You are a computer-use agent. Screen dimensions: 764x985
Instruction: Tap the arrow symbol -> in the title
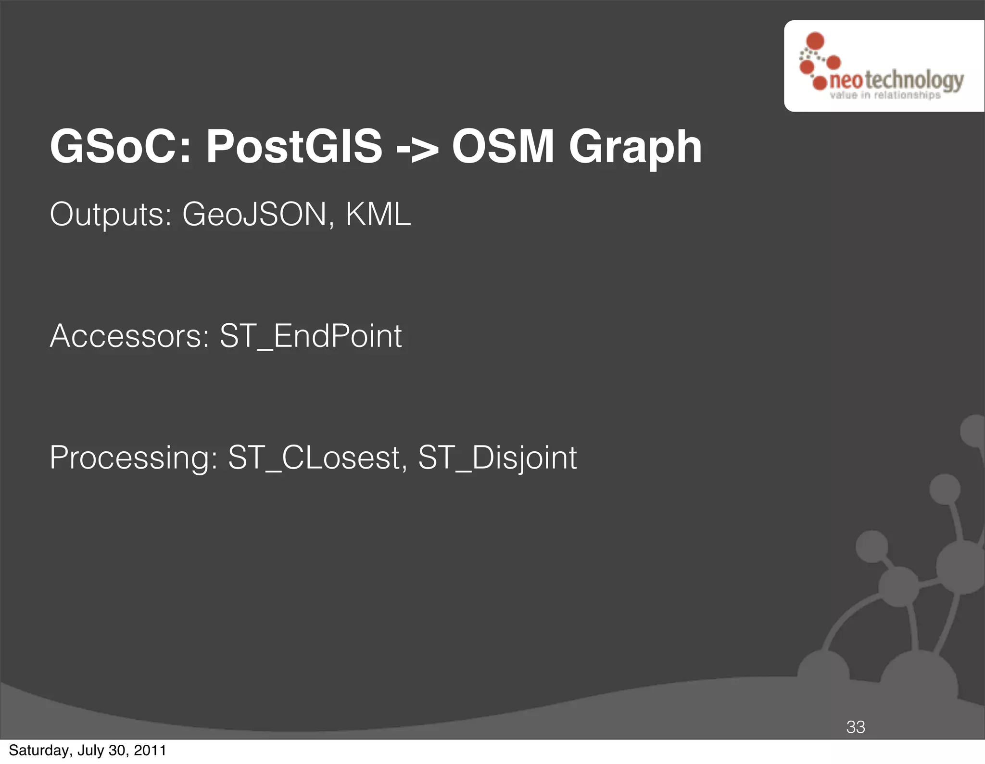(x=417, y=148)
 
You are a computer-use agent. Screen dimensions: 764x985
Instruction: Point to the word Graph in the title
(x=635, y=149)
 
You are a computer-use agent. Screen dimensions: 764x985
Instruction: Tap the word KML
(x=378, y=215)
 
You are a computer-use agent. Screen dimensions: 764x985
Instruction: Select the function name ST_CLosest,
(x=317, y=458)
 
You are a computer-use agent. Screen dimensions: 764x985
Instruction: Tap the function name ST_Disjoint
(x=497, y=458)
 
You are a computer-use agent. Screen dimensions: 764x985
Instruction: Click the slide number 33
(x=856, y=727)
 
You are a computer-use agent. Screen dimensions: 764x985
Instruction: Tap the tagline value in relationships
(x=885, y=95)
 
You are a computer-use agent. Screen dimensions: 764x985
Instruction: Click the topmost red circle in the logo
(x=815, y=41)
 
